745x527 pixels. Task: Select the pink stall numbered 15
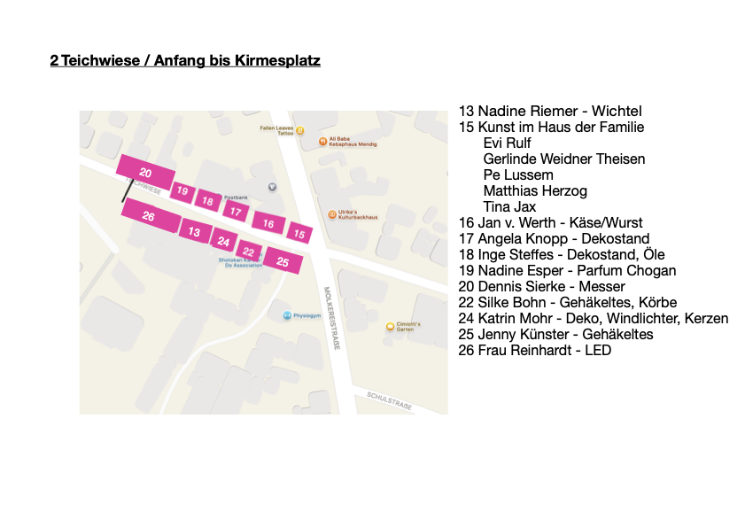299,234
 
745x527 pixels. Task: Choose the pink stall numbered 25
283,261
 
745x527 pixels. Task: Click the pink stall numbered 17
235,211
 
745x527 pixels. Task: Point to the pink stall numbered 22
249,252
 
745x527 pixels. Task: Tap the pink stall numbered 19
182,190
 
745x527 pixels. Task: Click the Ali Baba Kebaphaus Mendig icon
323,141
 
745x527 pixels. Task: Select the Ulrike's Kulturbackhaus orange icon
332,213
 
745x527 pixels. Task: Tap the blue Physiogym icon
287,315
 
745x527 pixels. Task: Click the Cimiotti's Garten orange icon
390,327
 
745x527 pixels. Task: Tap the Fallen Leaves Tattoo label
276,130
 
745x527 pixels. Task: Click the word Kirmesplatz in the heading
276,61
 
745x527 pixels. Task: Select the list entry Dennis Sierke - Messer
541,286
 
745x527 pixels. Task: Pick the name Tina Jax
509,206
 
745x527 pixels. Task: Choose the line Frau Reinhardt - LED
534,350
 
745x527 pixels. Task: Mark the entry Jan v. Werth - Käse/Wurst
550,222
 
